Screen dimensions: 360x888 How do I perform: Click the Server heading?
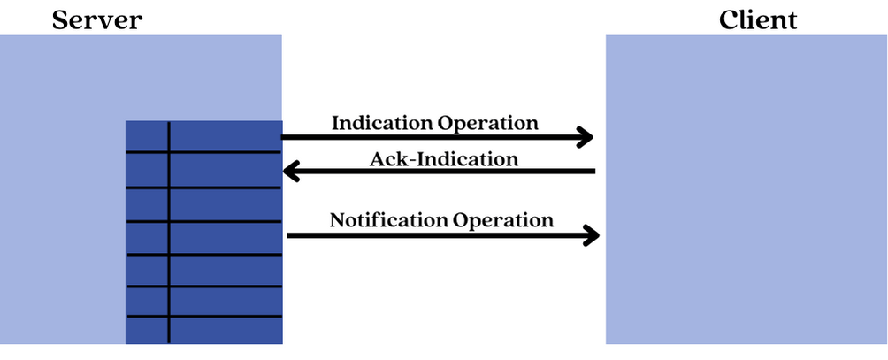pyautogui.click(x=96, y=19)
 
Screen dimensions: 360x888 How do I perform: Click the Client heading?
pyautogui.click(x=758, y=19)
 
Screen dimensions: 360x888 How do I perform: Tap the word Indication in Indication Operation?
pyautogui.click(x=382, y=122)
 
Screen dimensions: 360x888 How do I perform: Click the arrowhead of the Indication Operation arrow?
pyautogui.click(x=585, y=137)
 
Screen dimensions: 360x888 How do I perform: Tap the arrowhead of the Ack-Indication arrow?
pyautogui.click(x=290, y=171)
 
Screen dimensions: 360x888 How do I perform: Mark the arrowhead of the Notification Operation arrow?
pyautogui.click(x=591, y=235)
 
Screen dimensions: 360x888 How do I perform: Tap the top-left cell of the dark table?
pyautogui.click(x=147, y=136)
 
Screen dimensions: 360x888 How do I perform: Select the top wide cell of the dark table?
pyautogui.click(x=226, y=136)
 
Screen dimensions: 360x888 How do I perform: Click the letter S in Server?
pyautogui.click(x=61, y=19)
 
